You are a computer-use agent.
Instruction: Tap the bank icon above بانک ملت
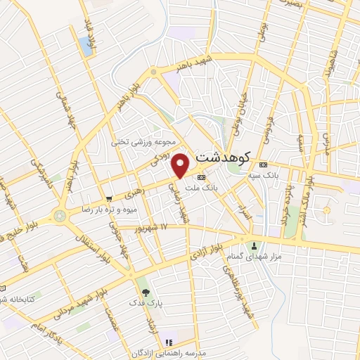(x=201, y=177)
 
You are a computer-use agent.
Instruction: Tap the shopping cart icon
(x=108, y=198)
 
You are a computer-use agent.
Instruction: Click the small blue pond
(x=87, y=46)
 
